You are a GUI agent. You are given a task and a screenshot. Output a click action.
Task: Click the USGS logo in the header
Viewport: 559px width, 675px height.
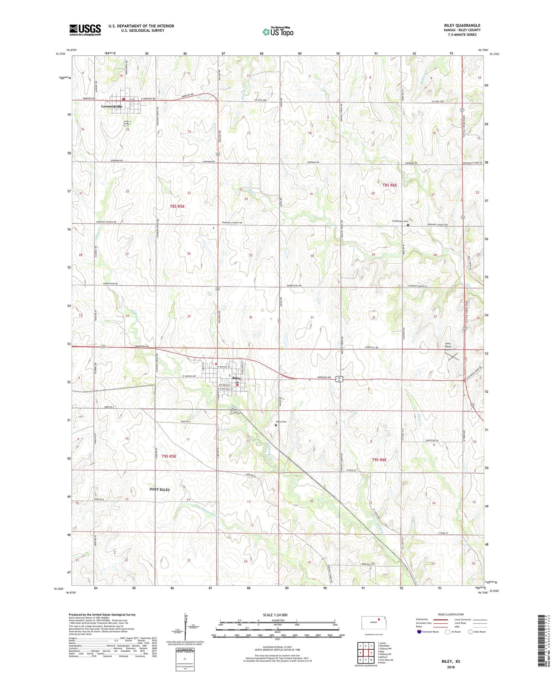pos(85,30)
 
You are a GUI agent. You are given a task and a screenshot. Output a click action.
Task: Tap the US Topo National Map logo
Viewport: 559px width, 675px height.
pos(278,32)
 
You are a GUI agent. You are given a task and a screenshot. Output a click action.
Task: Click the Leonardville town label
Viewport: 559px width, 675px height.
pos(112,106)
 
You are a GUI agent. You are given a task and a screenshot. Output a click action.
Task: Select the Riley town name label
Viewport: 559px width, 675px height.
pos(236,378)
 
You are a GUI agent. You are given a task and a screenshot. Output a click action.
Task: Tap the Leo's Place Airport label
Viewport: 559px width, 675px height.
pos(448,346)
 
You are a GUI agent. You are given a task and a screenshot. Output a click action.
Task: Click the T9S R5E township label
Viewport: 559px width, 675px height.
pos(169,456)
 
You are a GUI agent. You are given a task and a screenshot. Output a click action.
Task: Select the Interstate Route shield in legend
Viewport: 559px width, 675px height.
pos(419,632)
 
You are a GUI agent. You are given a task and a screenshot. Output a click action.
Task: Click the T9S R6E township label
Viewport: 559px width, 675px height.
pos(379,460)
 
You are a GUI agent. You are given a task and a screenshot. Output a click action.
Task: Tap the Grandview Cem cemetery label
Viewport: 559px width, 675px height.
pos(399,221)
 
